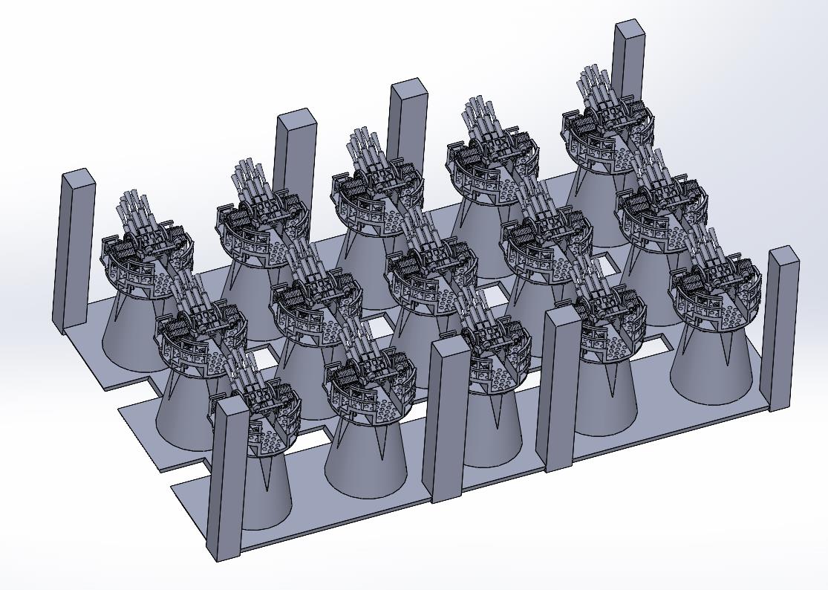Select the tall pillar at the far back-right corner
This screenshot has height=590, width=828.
629,59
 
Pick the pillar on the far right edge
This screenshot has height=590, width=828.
782,327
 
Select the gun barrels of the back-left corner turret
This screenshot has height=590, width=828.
134,208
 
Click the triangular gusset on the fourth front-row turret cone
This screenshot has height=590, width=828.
612,383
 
